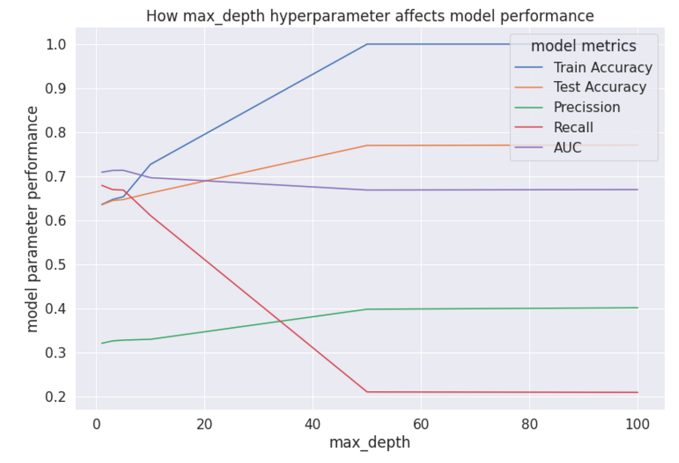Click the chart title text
coord(369,16)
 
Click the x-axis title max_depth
coord(369,442)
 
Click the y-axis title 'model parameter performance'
coord(32,219)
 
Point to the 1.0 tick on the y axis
coord(55,45)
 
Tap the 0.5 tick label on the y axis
coord(55,265)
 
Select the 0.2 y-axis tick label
coord(55,397)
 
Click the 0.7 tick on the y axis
coord(55,177)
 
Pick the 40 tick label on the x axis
coord(312,424)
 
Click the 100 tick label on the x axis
coord(637,424)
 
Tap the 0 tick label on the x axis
coord(96,424)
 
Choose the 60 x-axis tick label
coord(421,424)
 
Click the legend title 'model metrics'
coord(583,46)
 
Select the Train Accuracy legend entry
coord(602,67)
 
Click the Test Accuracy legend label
coord(599,87)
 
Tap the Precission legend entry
coord(586,107)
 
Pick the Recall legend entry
coord(573,128)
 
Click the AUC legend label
coord(567,148)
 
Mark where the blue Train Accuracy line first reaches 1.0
coord(367,44)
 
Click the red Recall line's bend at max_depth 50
coord(367,391)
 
